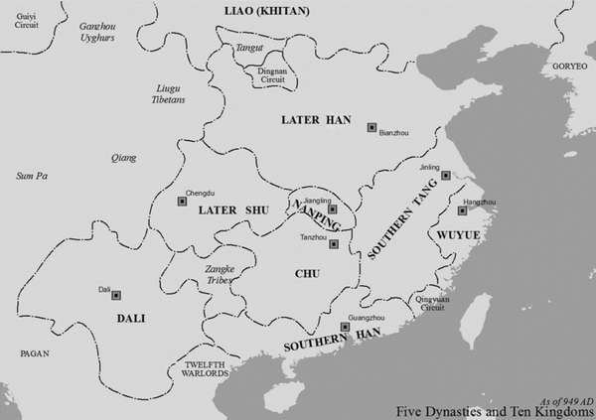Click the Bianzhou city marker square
372,127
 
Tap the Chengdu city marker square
182,202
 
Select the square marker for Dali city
116,295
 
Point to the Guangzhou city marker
346,327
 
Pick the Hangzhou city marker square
462,210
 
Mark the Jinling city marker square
446,176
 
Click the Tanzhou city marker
334,244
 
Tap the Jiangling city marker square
333,210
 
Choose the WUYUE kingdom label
454,236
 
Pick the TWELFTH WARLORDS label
207,370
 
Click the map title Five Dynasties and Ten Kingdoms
494,409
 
